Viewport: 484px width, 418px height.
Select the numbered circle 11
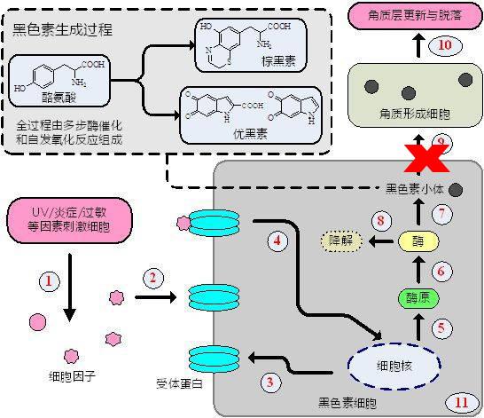point(460,400)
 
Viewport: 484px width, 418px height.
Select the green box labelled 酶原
point(417,297)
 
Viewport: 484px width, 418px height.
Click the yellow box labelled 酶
point(416,241)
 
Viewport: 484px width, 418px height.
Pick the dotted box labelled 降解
point(340,241)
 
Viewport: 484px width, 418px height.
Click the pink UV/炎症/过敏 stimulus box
point(68,218)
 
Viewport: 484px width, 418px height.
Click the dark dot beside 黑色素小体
point(455,188)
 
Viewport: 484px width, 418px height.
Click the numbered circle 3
point(272,382)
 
